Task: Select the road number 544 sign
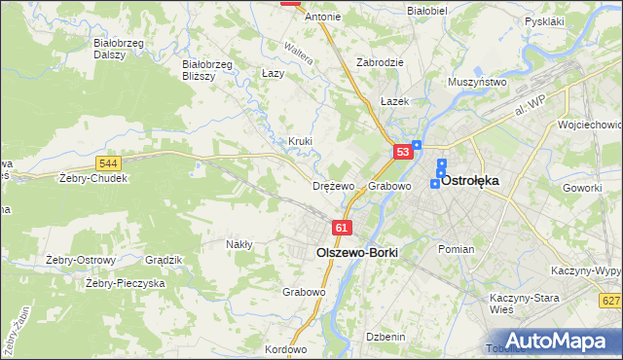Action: [108, 163]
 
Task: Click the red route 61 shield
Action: [341, 227]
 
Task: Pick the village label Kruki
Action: [300, 141]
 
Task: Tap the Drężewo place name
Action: [333, 186]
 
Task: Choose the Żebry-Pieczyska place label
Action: [125, 283]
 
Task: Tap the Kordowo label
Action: [285, 349]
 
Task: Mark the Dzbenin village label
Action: [385, 337]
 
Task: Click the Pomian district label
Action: [456, 249]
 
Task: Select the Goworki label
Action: [583, 187]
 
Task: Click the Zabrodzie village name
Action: [380, 61]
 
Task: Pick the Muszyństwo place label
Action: [477, 83]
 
